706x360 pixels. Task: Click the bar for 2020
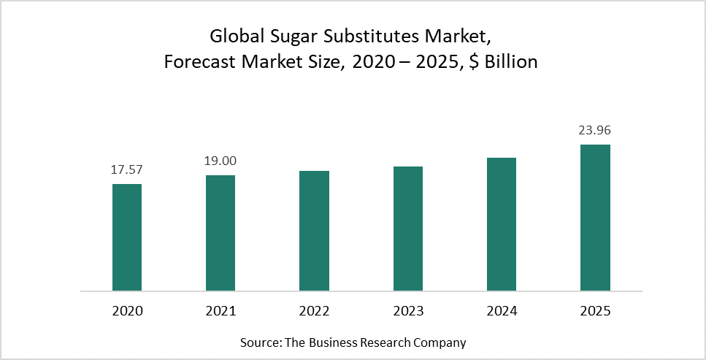pyautogui.click(x=127, y=237)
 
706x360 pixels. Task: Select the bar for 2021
pyautogui.click(x=220, y=233)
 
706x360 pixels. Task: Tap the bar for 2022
pyautogui.click(x=314, y=231)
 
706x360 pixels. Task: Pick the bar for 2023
pyautogui.click(x=408, y=229)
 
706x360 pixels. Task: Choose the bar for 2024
pyautogui.click(x=502, y=224)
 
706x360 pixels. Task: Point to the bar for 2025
pyautogui.click(x=595, y=218)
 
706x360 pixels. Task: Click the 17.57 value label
pyautogui.click(x=127, y=169)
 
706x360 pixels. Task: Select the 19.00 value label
pyautogui.click(x=220, y=161)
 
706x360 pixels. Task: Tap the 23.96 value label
pyautogui.click(x=595, y=131)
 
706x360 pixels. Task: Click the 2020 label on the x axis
pyautogui.click(x=127, y=311)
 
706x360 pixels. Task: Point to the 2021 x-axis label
pyautogui.click(x=220, y=311)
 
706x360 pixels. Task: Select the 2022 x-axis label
pyautogui.click(x=314, y=311)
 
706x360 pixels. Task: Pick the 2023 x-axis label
pyautogui.click(x=408, y=311)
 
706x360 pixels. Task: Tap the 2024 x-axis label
pyautogui.click(x=502, y=311)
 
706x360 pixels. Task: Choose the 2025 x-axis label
pyautogui.click(x=595, y=311)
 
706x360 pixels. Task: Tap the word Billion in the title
pyautogui.click(x=509, y=62)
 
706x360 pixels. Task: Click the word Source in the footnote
pyautogui.click(x=259, y=342)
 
